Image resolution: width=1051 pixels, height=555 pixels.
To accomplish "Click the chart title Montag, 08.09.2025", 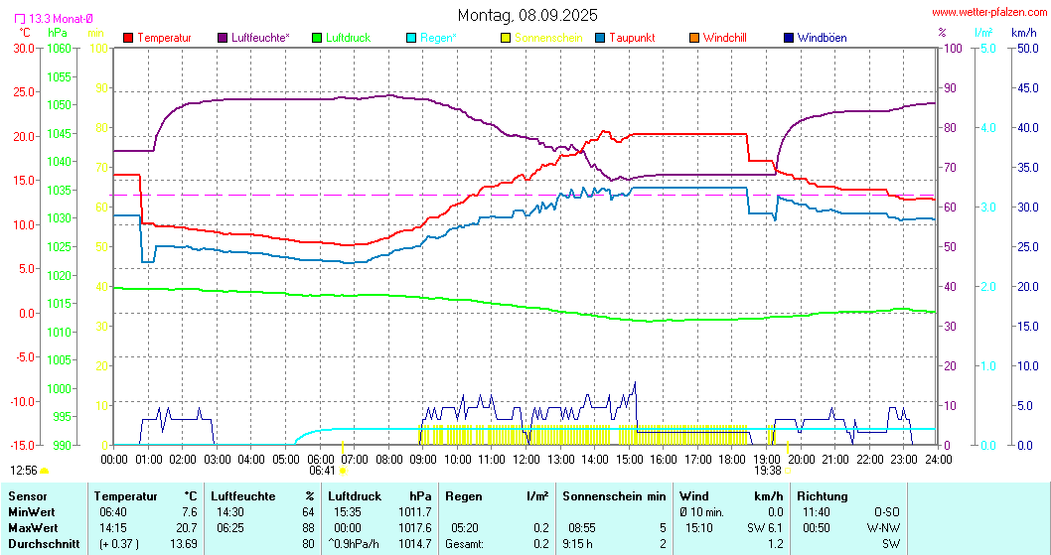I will point(527,15).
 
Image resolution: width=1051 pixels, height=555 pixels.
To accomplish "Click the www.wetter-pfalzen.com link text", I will point(987,13).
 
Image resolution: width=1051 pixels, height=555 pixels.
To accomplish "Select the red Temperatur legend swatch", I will point(128,38).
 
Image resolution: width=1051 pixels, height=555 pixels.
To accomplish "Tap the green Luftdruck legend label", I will point(348,38).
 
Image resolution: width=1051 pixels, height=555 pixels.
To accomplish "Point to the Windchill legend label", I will point(724,38).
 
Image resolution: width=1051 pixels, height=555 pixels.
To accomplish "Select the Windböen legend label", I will point(822,38).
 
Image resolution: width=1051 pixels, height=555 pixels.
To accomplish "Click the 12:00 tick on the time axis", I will point(525,459).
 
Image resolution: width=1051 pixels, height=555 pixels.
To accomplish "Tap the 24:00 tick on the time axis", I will point(938,459).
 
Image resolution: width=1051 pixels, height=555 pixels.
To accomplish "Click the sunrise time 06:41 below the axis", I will point(322,471).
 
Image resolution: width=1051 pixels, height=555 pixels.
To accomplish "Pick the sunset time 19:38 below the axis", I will point(768,471).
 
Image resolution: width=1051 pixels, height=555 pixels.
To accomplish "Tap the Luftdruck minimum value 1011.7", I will point(413,510).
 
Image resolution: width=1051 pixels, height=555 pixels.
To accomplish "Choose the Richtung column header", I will point(822,495).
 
